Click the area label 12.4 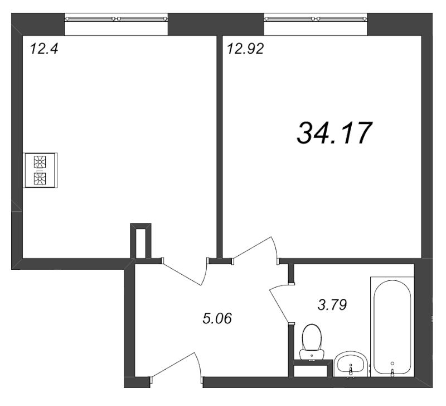coord(44,49)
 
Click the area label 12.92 coord(245,49)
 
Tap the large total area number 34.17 coord(334,133)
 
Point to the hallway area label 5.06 coord(217,318)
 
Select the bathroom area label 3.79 coord(332,304)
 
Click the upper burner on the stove coord(40,162)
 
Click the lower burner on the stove coord(40,179)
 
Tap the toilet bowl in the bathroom coord(312,339)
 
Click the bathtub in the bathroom coord(392,327)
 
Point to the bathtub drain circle coord(392,363)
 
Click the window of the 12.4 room coord(116,19)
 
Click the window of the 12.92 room coord(316,19)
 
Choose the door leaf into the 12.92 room coord(253,247)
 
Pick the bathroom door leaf coord(279,305)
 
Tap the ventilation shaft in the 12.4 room coord(140,241)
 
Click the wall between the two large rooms coord(219,146)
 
